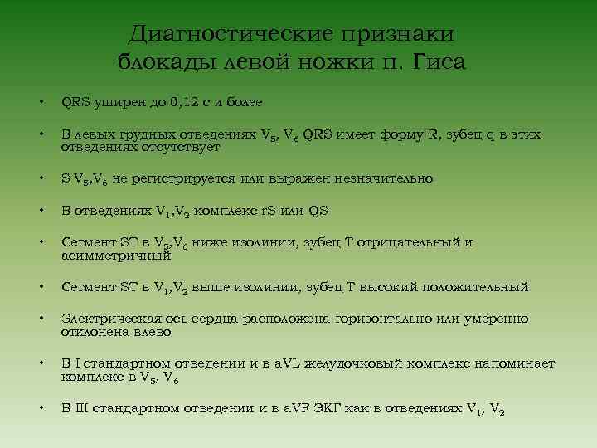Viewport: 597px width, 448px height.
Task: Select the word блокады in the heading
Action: (163, 61)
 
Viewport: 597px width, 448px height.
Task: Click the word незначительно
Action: (384, 178)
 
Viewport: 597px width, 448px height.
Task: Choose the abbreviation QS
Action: (318, 211)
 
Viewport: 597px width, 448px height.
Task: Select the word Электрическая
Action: (107, 319)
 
